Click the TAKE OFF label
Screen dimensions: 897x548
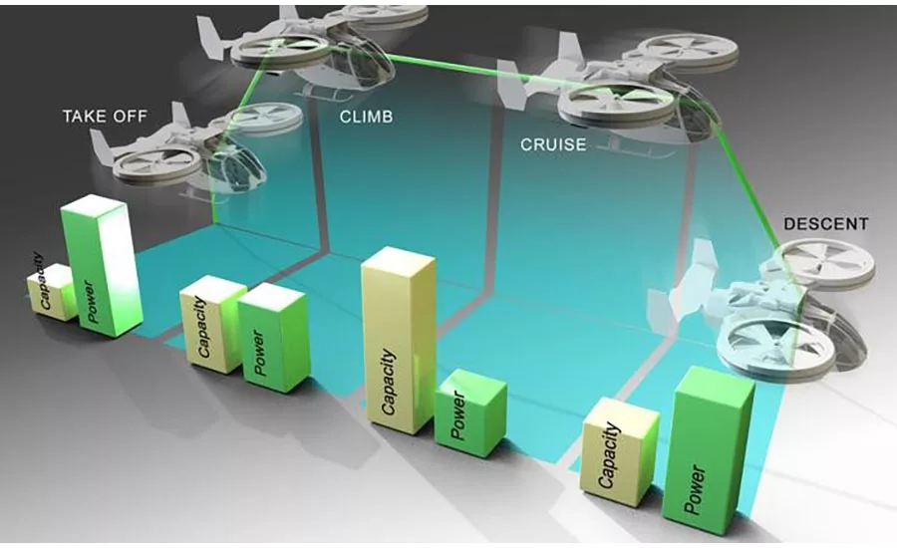tap(105, 117)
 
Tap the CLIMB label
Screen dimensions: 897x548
tap(366, 117)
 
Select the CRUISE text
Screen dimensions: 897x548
tap(553, 144)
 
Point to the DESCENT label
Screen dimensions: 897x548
tap(825, 223)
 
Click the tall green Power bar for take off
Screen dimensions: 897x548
tap(102, 266)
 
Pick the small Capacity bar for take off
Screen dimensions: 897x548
tap(51, 292)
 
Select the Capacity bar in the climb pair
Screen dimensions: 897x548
tap(210, 324)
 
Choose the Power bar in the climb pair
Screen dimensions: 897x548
tap(274, 338)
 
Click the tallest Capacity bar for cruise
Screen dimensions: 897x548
tap(398, 341)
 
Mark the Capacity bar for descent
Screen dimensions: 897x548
tap(620, 452)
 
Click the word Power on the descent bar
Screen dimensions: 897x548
tap(695, 490)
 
